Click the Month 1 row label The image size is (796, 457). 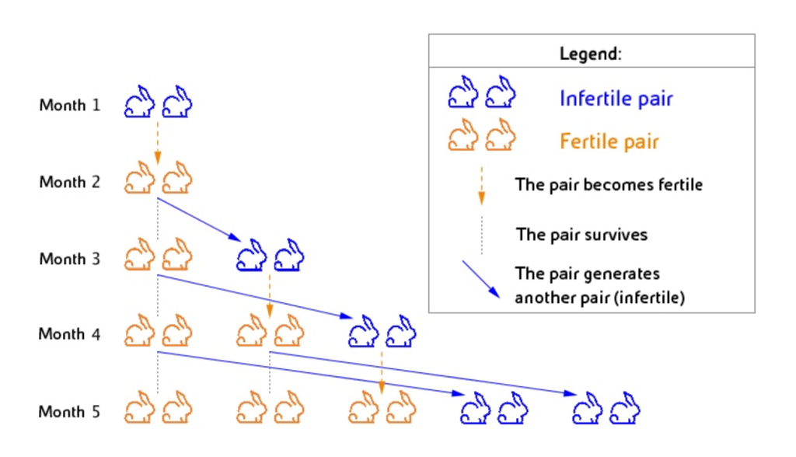69,105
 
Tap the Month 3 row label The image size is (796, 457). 69,259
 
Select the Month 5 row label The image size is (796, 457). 69,411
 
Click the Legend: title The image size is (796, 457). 591,54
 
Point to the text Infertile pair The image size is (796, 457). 616,98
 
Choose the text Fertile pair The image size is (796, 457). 609,141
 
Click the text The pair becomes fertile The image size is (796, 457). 609,184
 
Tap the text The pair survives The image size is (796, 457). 581,235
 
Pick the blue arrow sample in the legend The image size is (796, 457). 480,279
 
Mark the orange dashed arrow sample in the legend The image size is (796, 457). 481,186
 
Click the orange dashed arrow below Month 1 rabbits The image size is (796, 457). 157,143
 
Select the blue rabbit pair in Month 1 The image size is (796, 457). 159,102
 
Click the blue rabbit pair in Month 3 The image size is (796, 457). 270,255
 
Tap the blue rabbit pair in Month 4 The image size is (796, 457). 382,331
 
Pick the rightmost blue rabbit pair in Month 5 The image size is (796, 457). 606,408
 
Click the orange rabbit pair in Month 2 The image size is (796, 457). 159,178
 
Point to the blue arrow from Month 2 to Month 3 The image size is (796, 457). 199,219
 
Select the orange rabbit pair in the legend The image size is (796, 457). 482,134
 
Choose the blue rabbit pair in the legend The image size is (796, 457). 482,92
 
